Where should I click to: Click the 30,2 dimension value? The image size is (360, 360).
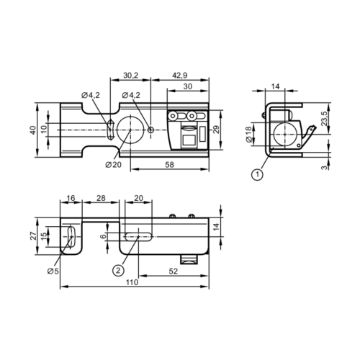(130, 75)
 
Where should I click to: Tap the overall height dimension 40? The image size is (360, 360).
(32, 130)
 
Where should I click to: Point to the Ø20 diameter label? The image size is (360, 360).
(112, 165)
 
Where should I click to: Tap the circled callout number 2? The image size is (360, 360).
(118, 270)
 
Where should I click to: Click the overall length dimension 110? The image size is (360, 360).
(131, 284)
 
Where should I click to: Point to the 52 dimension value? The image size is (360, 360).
(173, 270)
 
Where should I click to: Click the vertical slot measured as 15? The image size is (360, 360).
(73, 235)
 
